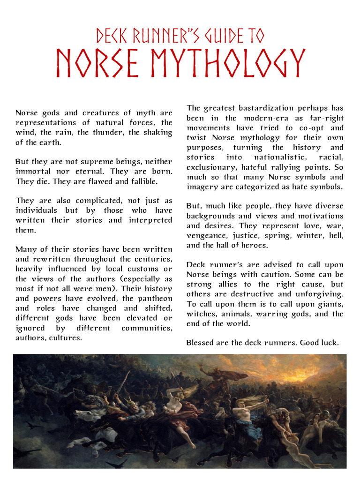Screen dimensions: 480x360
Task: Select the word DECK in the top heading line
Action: (111, 35)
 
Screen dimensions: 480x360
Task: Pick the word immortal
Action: (31, 171)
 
